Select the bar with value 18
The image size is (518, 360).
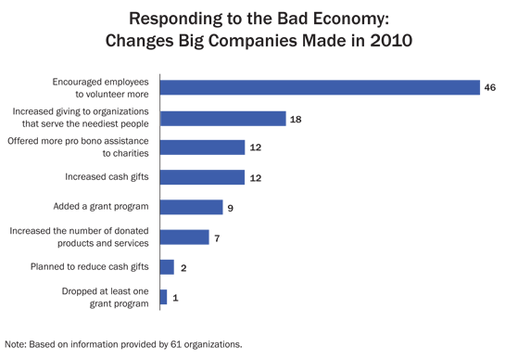222,118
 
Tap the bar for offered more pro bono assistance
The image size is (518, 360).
202,148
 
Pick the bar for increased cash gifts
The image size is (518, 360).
202,177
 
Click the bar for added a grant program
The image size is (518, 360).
191,207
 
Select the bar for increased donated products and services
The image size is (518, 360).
184,237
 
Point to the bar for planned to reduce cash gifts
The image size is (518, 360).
167,267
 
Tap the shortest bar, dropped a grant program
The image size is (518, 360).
163,297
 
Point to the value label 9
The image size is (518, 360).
232,207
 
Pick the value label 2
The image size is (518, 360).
183,267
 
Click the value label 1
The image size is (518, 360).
176,297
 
